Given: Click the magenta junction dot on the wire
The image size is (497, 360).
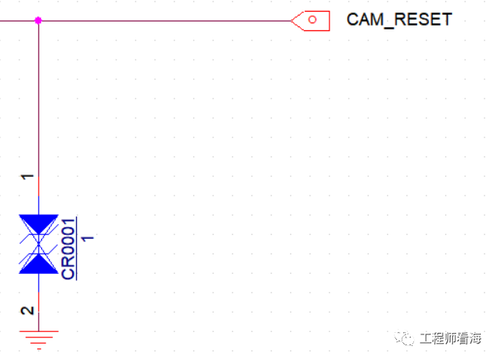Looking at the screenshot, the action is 38,21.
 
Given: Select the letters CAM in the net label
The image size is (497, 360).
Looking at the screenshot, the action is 365,19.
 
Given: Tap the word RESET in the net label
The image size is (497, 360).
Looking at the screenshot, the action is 423,19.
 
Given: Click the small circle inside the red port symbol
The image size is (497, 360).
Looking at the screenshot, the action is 312,19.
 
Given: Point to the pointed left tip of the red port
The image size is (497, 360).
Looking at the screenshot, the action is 292,21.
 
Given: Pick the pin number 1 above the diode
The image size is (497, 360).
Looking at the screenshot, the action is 27,176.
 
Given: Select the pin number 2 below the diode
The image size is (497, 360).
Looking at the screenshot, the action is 27,310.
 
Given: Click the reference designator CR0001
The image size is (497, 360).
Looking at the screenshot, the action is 68,249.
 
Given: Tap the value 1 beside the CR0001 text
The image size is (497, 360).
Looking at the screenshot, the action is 88,238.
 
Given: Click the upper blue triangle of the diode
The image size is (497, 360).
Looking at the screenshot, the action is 39,223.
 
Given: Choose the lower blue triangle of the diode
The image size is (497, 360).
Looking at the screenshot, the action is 39,265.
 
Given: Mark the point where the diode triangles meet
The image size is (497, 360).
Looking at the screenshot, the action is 39,244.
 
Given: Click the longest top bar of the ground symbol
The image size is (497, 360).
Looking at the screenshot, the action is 39,331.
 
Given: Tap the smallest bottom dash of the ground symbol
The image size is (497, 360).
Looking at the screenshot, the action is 39,349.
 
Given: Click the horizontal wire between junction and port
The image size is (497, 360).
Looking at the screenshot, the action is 165,21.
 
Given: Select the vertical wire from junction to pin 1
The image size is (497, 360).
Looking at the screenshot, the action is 39,99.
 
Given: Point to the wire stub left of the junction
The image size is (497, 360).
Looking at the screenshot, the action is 17,21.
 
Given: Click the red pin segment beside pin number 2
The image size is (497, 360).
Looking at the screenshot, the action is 39,303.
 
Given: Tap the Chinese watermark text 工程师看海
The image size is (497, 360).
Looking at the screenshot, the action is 450,339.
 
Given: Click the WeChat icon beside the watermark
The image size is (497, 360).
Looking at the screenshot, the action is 404,339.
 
